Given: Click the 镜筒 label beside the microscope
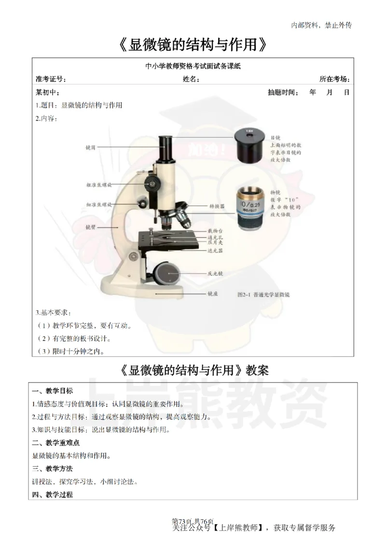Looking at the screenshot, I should coord(90,147).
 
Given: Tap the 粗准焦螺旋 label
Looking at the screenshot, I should coord(98,185).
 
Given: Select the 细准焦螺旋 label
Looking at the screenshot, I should coord(98,205).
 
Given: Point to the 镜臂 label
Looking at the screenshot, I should coord(90,226).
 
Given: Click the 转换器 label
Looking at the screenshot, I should coord(216,205).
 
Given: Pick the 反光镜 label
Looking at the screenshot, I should coord(215,273).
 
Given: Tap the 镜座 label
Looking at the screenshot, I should coord(212,293).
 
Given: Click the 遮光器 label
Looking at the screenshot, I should coord(215,251).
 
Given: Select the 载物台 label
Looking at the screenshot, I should coord(215,231).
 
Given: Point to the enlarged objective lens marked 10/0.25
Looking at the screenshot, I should coord(250,206).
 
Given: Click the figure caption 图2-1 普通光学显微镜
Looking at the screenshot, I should coord(263,294).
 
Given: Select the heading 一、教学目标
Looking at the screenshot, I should coord(53,391).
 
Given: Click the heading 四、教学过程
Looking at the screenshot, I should coord(53,494).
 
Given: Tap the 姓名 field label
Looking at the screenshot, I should coord(191,79).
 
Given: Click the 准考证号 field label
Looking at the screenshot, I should coord(51,79).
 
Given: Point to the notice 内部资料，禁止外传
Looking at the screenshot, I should coord(321,25).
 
